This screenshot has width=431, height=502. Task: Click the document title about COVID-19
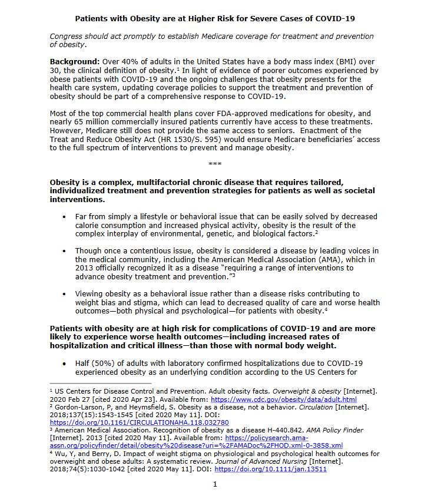[215, 18]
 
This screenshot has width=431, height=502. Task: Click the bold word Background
[75, 62]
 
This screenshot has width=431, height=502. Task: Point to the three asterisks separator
[215, 163]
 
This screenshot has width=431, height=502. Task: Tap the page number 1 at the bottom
[215, 484]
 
